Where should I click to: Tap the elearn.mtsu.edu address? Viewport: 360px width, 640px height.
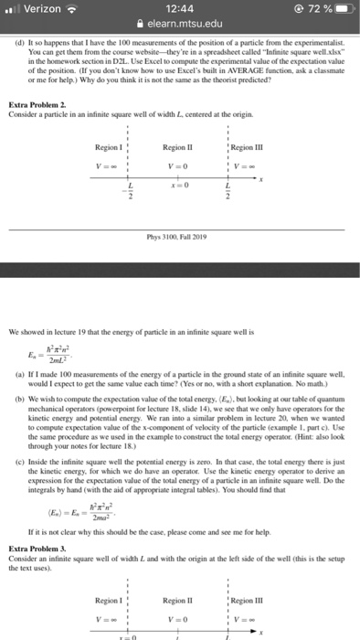185,26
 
